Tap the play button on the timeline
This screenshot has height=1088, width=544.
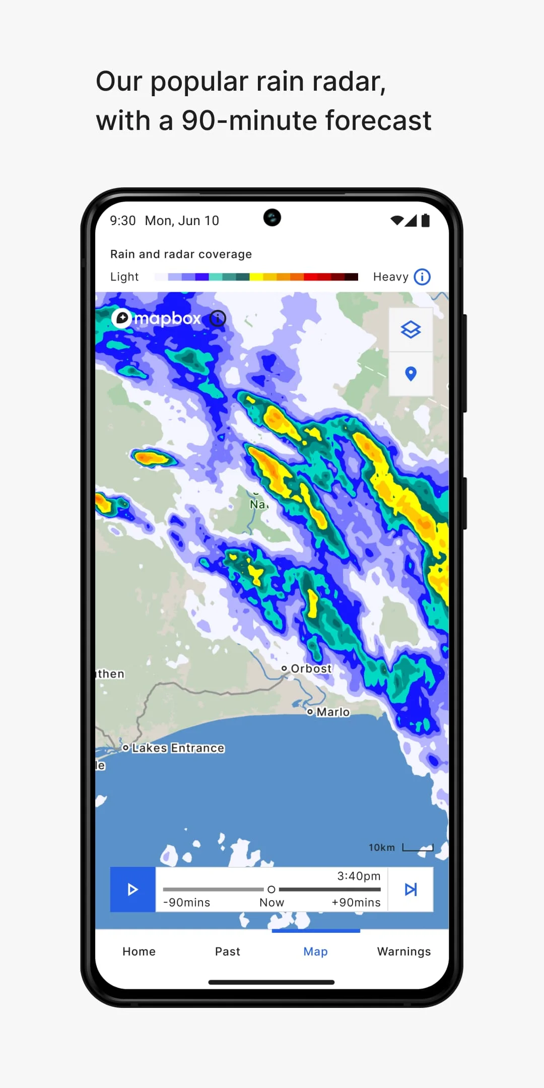click(x=132, y=889)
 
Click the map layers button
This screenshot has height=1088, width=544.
click(x=411, y=330)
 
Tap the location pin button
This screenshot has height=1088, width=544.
click(x=411, y=374)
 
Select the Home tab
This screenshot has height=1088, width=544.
click(x=139, y=951)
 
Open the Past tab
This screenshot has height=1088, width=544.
click(x=228, y=951)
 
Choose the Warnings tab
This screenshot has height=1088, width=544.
click(x=404, y=951)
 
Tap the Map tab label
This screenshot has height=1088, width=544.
click(x=315, y=951)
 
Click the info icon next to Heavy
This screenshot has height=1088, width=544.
click(x=422, y=277)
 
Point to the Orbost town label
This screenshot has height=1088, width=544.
click(x=311, y=668)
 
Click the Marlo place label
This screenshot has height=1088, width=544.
click(x=332, y=712)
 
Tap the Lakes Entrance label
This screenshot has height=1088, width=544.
click(x=178, y=748)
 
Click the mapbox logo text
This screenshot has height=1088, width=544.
click(x=167, y=318)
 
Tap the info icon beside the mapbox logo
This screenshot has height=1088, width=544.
click(x=218, y=318)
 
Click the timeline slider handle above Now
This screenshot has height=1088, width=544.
click(x=271, y=889)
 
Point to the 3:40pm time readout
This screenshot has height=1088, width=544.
click(x=359, y=876)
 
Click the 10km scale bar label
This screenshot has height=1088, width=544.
click(x=382, y=848)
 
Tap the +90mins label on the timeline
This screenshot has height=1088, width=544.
click(x=356, y=902)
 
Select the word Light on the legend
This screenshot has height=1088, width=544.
click(x=124, y=277)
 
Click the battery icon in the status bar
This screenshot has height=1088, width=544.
click(x=426, y=221)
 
